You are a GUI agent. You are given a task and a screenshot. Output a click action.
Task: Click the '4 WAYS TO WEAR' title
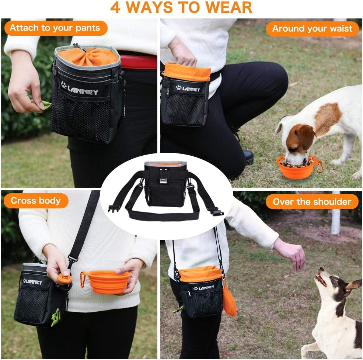pos(181,7)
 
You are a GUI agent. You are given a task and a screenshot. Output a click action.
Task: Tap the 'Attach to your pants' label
pos(55,28)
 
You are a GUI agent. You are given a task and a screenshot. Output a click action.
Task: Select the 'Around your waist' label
pos(312,29)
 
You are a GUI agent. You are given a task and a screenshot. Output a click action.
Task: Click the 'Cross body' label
pos(36,201)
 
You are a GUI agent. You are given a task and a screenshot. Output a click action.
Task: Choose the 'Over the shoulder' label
pos(312,202)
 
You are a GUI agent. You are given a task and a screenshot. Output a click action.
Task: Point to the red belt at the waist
pos(138,62)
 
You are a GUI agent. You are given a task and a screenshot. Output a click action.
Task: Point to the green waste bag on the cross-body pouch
pos(56,316)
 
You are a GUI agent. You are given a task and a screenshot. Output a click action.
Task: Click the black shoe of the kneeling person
pos(248,157)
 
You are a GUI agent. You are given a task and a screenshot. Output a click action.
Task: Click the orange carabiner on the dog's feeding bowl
pos(320,167)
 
